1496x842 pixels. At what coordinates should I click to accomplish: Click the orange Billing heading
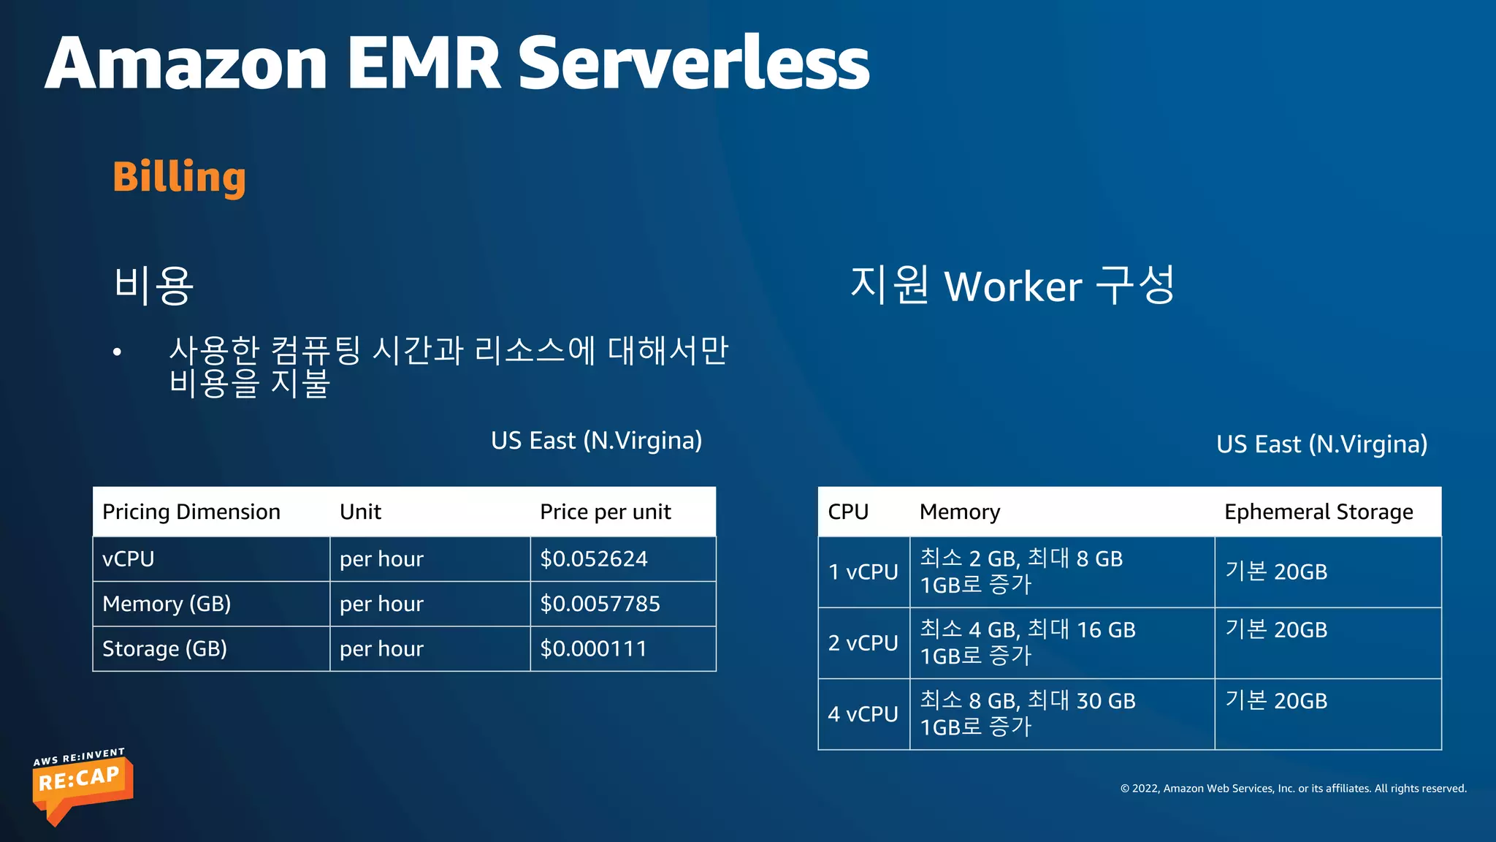point(179,177)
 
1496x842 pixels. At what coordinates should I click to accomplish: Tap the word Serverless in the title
point(693,64)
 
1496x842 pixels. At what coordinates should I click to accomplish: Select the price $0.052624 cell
point(593,559)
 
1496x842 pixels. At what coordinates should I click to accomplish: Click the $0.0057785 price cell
point(600,604)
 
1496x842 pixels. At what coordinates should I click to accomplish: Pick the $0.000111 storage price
point(593,649)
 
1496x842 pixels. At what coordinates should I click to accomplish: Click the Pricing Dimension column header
point(191,512)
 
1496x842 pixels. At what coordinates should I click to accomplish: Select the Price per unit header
point(605,512)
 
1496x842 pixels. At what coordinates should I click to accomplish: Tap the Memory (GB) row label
point(167,604)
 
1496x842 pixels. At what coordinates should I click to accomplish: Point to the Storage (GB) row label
point(164,649)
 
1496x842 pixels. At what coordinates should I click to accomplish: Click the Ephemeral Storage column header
point(1318,512)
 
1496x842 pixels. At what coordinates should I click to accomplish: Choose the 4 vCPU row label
point(863,714)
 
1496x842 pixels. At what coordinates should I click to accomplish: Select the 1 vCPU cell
point(863,572)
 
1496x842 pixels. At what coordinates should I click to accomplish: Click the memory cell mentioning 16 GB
point(1027,642)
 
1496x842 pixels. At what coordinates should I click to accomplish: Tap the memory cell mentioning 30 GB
point(1027,713)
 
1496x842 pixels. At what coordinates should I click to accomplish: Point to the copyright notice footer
point(1293,789)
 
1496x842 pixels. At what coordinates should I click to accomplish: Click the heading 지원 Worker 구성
point(1012,286)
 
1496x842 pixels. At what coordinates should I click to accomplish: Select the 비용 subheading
point(154,286)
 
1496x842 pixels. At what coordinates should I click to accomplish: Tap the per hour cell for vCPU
point(381,559)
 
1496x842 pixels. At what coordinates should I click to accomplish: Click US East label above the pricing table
point(596,441)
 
